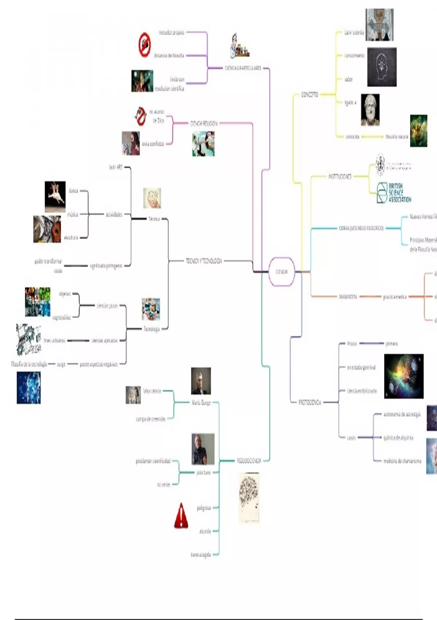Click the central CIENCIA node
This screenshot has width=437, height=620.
282,272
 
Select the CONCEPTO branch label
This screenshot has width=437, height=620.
310,94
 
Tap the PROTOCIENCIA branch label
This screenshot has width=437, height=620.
310,402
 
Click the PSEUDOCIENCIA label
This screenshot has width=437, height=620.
249,461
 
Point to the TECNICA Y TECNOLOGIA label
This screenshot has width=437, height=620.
204,261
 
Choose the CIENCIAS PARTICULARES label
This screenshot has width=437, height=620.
243,68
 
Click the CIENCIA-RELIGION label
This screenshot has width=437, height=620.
204,123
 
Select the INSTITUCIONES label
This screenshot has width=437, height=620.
340,177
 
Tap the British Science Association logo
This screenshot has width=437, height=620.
394,193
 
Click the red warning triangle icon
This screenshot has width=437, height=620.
181,516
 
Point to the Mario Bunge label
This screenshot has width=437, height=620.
201,403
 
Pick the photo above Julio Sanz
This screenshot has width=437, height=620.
203,449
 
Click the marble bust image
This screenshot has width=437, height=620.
370,110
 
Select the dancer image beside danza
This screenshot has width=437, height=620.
55,196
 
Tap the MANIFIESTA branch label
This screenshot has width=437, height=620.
348,297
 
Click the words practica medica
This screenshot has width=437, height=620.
395,297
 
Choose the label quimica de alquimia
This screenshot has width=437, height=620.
398,438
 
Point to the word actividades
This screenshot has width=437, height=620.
114,214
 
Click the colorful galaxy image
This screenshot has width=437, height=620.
403,376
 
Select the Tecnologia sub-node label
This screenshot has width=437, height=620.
151,329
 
